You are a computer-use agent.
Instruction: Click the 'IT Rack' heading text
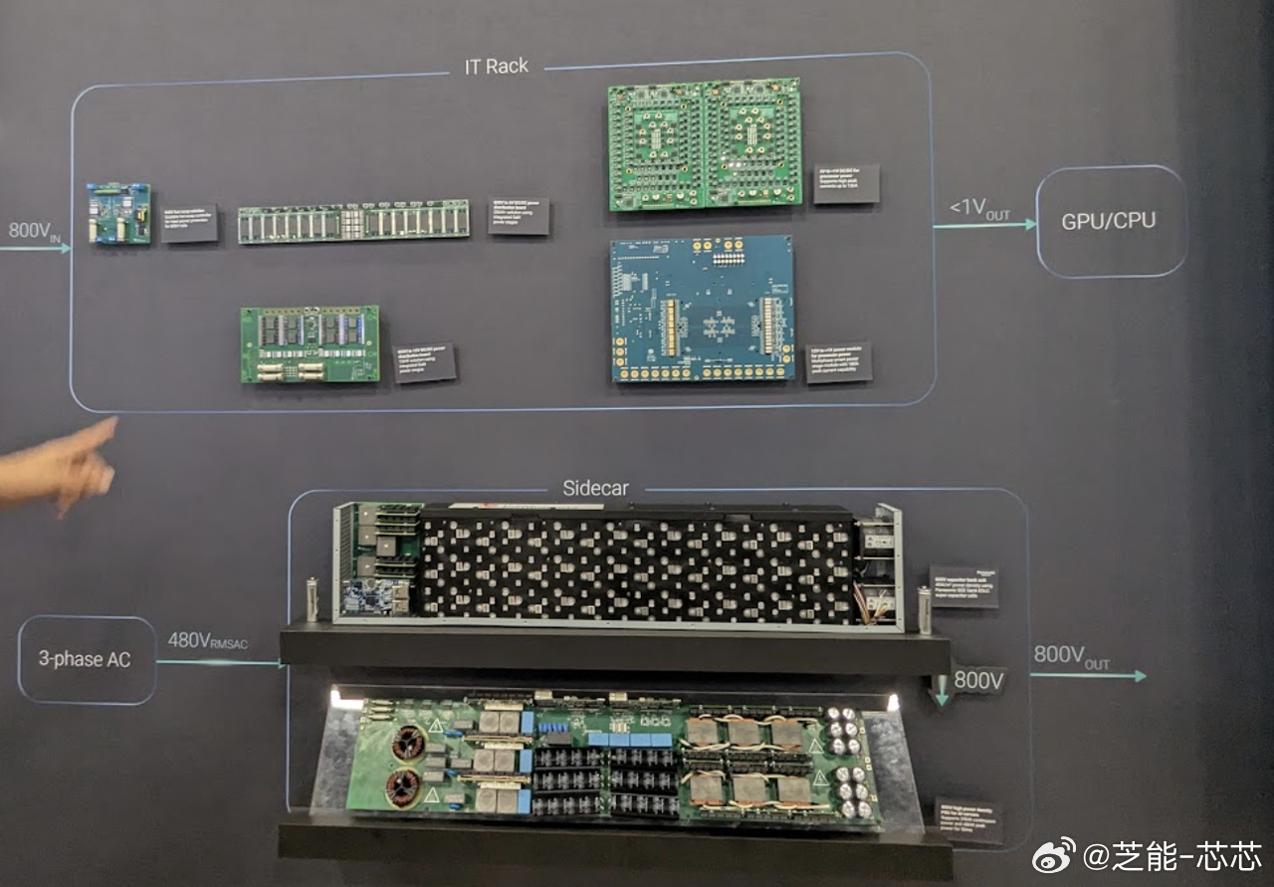pyautogui.click(x=496, y=67)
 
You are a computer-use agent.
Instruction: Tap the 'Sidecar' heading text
pyautogui.click(x=595, y=489)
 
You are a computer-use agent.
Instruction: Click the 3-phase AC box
pyautogui.click(x=87, y=660)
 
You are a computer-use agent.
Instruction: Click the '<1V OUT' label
pyautogui.click(x=979, y=210)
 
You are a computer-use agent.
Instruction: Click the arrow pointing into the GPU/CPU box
pyautogui.click(x=985, y=226)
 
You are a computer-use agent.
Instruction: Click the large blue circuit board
pyautogui.click(x=703, y=309)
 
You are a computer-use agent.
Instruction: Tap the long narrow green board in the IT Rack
pyautogui.click(x=353, y=222)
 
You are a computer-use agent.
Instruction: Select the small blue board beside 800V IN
pyautogui.click(x=118, y=213)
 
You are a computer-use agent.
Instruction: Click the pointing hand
pyautogui.click(x=60, y=466)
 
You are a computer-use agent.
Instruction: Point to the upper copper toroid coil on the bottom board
pyautogui.click(x=407, y=742)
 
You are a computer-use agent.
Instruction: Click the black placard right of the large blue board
pyautogui.click(x=838, y=362)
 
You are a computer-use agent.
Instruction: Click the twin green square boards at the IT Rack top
pyautogui.click(x=704, y=144)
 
